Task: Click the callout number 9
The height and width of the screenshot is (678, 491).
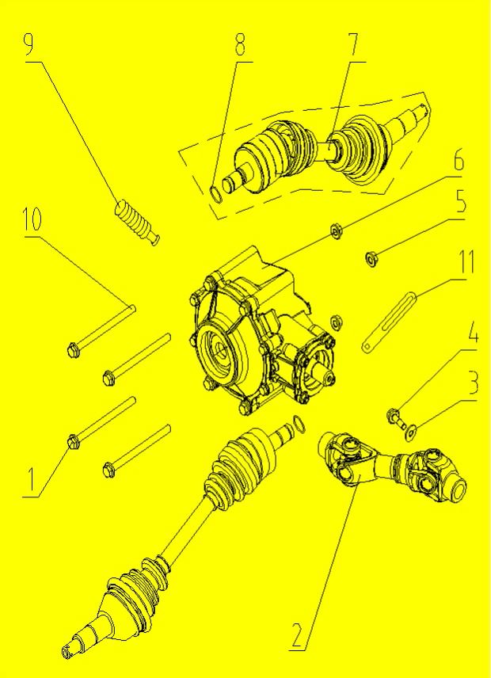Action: click(29, 44)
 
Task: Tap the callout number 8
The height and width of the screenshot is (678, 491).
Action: click(239, 44)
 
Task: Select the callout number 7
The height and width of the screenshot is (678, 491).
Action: click(352, 44)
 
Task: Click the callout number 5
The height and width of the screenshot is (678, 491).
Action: click(461, 201)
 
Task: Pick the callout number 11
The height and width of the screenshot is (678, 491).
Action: click(466, 261)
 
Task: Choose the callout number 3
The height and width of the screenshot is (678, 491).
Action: click(474, 382)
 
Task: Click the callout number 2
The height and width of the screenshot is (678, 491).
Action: click(297, 635)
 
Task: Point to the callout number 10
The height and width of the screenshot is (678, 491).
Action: click(32, 219)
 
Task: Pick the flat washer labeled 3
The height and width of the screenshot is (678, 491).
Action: click(409, 432)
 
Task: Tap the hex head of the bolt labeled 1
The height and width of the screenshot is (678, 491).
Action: click(74, 442)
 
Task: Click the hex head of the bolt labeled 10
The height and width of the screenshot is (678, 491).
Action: click(74, 349)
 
